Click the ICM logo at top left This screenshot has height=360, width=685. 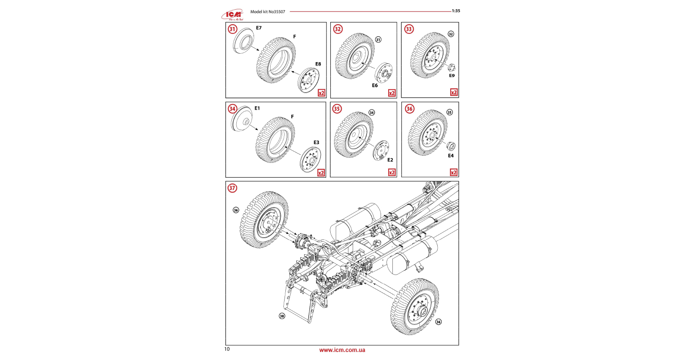point(232,15)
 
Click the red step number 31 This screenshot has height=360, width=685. point(232,29)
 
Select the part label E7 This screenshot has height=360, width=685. point(259,28)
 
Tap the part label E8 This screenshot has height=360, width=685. point(318,64)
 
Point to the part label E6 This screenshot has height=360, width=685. point(375,85)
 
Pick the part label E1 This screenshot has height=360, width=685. point(257,108)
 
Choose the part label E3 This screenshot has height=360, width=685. point(316,143)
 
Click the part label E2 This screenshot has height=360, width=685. point(390,160)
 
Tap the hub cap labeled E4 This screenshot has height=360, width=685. point(451,146)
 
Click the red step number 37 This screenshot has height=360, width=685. point(232,188)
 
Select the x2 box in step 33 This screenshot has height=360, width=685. point(454,92)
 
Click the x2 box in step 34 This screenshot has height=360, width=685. point(321,173)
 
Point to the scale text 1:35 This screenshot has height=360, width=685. point(456,11)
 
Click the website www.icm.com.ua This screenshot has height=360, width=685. point(342,350)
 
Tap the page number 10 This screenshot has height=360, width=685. point(227,349)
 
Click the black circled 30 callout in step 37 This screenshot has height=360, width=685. point(282,316)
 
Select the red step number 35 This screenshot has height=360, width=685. point(337,109)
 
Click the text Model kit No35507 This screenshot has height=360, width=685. point(268,12)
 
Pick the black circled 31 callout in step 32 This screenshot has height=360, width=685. point(378,39)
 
